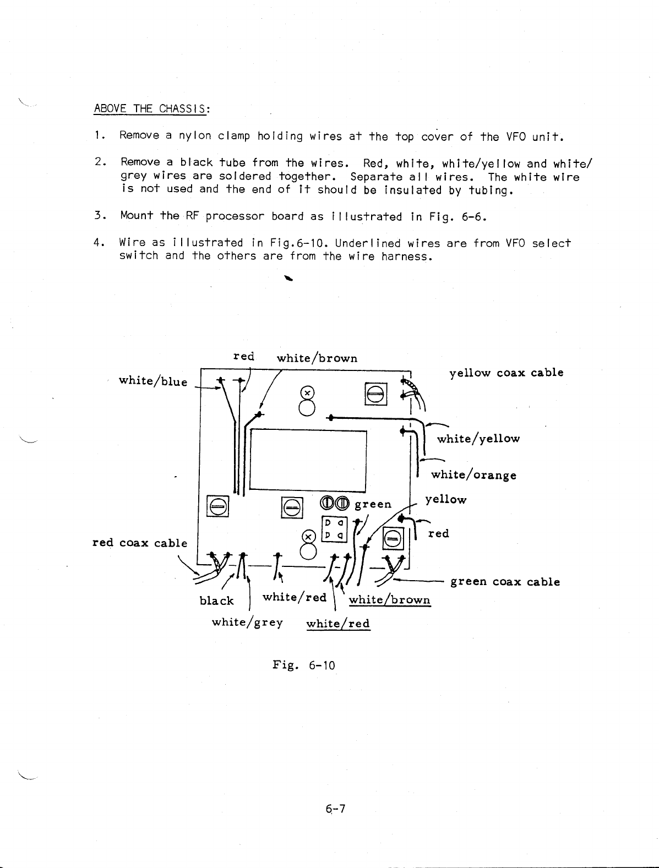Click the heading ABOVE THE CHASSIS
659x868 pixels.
(151, 108)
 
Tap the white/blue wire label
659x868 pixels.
(153, 381)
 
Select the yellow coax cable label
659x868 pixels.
(506, 373)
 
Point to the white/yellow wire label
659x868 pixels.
(478, 439)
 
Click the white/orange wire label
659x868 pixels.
(473, 474)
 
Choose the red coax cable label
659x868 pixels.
(140, 543)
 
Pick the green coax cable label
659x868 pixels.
(505, 582)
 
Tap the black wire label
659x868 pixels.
(216, 600)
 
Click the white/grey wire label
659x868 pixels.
(247, 622)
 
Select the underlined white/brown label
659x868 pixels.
(389, 599)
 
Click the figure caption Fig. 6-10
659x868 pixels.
(304, 665)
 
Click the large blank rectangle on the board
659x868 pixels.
(308, 460)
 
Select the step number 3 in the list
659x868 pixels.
(97, 216)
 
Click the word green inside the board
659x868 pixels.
(373, 504)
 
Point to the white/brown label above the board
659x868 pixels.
(317, 358)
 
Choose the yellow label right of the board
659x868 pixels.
(445, 500)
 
